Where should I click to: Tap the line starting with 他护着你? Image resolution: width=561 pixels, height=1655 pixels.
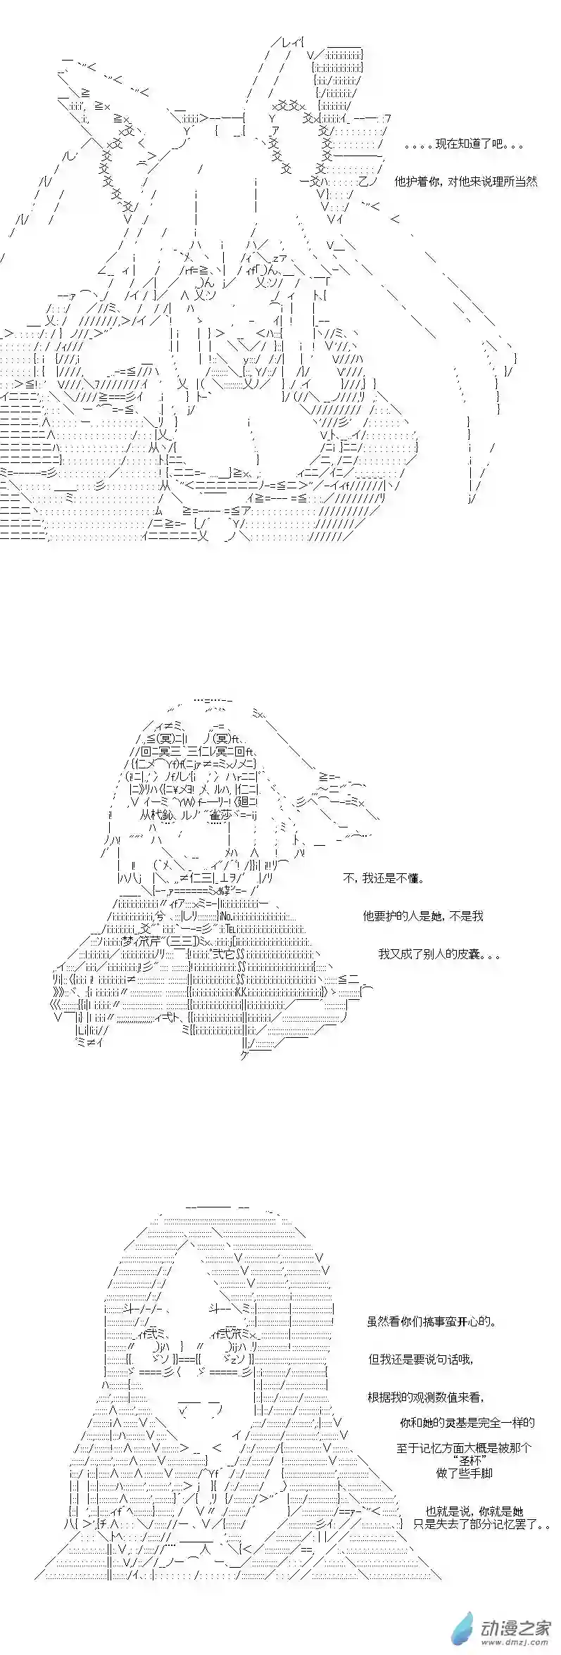(465, 181)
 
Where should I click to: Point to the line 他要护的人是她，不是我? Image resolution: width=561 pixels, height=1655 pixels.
(423, 916)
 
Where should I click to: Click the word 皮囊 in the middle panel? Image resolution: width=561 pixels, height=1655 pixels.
(467, 954)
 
